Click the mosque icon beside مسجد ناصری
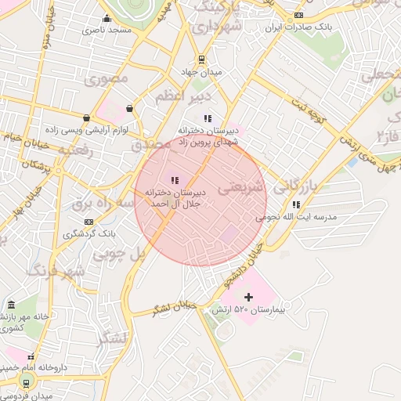coord(107,19)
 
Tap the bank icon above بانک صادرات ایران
coord(298,16)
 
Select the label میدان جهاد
coord(201,72)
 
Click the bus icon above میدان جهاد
coord(201,59)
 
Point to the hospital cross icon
coord(249,297)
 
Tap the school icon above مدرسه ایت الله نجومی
coord(295,204)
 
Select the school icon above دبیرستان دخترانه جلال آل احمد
coord(174,180)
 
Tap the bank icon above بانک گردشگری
coord(89,222)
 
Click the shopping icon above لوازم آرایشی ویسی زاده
coord(129,109)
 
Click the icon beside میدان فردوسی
coord(27,382)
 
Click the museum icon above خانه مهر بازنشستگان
coord(10,305)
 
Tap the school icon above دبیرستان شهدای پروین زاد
coord(208,118)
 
